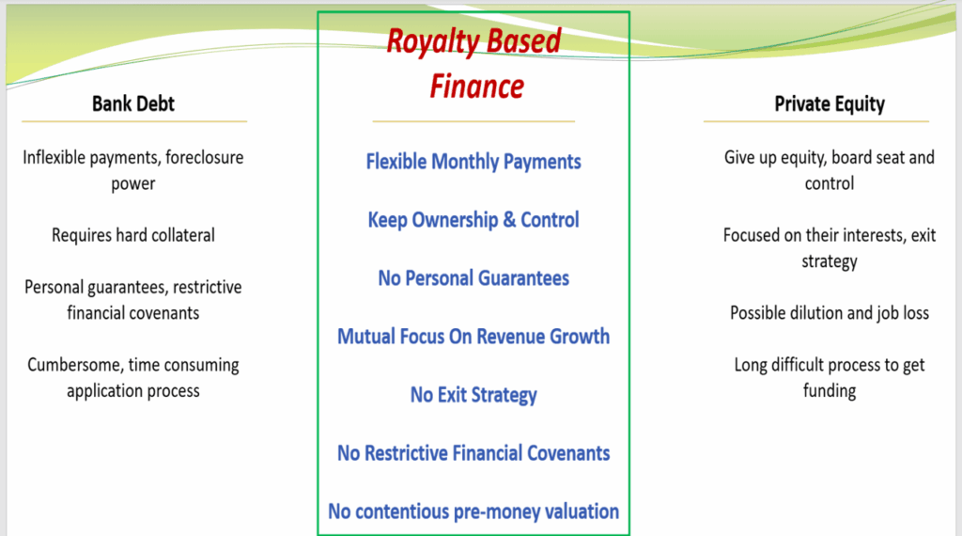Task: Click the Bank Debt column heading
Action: click(x=133, y=103)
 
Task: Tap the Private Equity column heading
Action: click(x=830, y=104)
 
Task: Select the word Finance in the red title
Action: click(x=476, y=86)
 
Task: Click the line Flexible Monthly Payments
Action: click(x=473, y=162)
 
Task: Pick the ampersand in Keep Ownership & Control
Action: click(x=509, y=219)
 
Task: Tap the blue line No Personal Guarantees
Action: click(x=473, y=278)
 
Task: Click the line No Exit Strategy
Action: click(x=473, y=395)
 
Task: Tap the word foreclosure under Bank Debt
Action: click(x=204, y=157)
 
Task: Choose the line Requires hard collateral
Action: click(x=133, y=235)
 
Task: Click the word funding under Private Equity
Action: click(x=830, y=390)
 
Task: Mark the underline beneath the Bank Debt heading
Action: click(x=134, y=121)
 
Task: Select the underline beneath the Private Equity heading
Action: click(x=816, y=121)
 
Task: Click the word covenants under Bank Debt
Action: click(x=163, y=313)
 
